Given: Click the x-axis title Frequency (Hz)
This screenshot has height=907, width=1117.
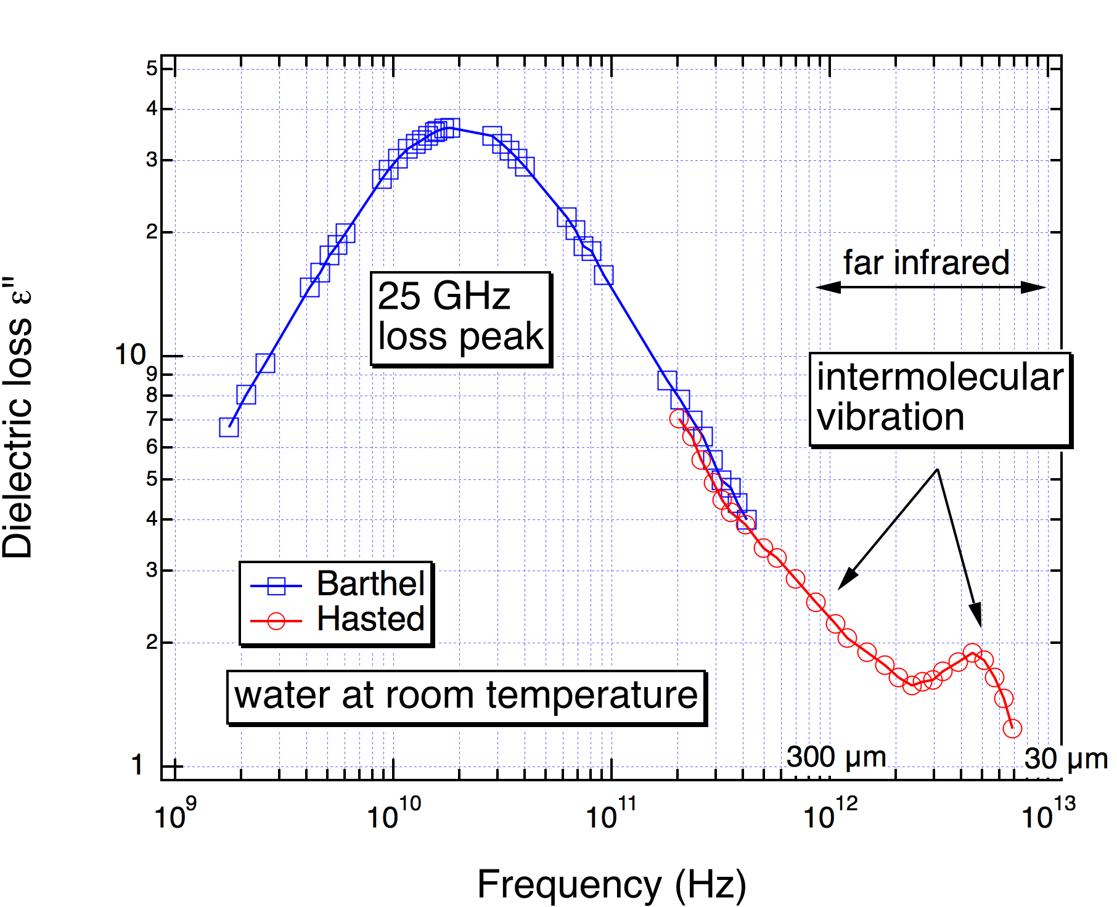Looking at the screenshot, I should click(612, 885).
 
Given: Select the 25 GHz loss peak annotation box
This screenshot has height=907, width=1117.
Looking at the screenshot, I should click(460, 318).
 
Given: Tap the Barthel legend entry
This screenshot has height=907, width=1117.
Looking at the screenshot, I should click(370, 583).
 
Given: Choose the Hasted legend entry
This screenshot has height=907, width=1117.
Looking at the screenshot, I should click(370, 619).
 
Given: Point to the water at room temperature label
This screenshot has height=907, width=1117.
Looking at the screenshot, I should click(466, 696).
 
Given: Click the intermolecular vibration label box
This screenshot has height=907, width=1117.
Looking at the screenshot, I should click(940, 398).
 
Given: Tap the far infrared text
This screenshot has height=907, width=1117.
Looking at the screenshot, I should click(926, 262).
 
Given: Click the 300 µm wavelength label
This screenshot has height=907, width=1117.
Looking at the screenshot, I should click(837, 757).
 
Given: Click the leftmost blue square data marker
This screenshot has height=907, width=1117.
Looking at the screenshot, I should click(229, 427).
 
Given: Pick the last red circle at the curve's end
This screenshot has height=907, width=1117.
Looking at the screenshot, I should click(1012, 728).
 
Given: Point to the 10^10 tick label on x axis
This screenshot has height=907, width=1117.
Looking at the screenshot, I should click(393, 815).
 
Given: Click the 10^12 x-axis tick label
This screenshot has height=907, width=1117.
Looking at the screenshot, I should click(830, 815).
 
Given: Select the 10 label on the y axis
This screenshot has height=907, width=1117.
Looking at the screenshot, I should click(130, 355).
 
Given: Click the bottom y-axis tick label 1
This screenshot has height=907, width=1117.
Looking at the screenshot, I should click(137, 766).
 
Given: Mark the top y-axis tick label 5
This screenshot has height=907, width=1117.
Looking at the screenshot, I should click(152, 68).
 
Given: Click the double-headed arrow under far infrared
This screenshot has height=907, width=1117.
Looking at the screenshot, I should click(931, 287).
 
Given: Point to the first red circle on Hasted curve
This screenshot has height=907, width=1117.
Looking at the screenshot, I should click(679, 419).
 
